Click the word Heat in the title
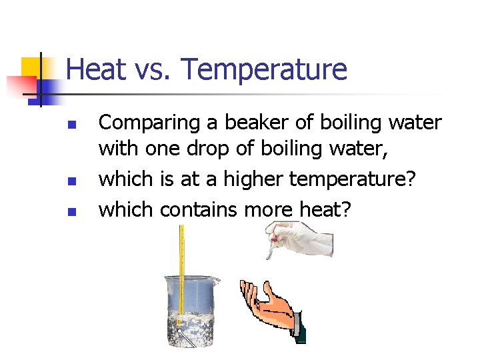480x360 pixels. tap(94, 69)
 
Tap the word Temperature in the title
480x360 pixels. tap(264, 69)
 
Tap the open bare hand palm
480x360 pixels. tap(273, 307)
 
